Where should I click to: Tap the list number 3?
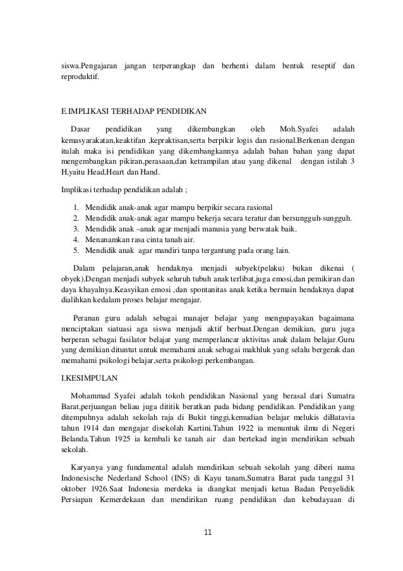click(x=76, y=228)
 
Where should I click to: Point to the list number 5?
click(x=76, y=251)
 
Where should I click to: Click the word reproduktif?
click(x=80, y=78)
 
